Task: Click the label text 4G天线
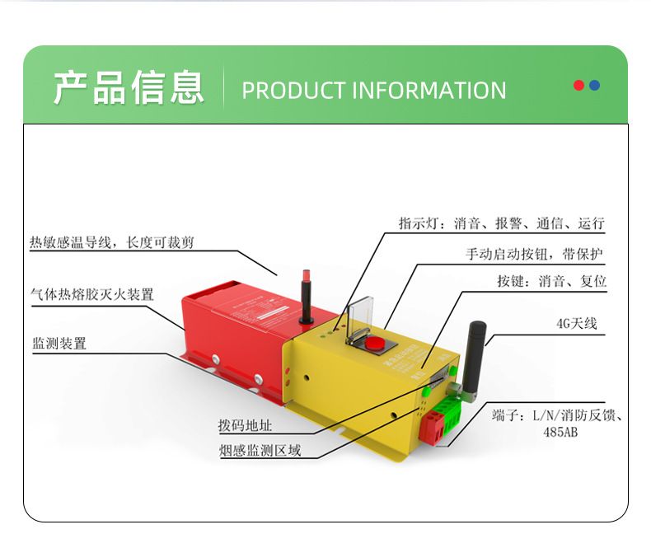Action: click(576, 324)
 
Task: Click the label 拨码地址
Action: click(245, 426)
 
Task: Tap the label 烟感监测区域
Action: click(260, 451)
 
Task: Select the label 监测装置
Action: click(59, 344)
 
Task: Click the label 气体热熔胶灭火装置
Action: click(91, 294)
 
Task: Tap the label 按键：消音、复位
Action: click(551, 281)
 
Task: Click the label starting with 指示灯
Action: click(501, 223)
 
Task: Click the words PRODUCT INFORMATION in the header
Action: click(373, 90)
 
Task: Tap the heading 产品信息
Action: click(129, 88)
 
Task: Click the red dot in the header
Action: click(578, 86)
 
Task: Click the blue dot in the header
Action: click(594, 86)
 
